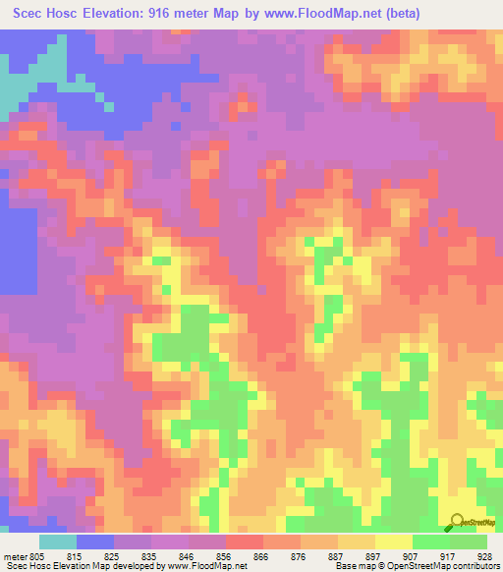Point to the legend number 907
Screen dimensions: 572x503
(x=413, y=556)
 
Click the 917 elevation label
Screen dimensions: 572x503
(x=450, y=556)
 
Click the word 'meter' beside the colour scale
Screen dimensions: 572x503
(x=15, y=556)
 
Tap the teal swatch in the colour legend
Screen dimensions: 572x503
(x=58, y=542)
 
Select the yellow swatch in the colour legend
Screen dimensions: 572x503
(x=394, y=542)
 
